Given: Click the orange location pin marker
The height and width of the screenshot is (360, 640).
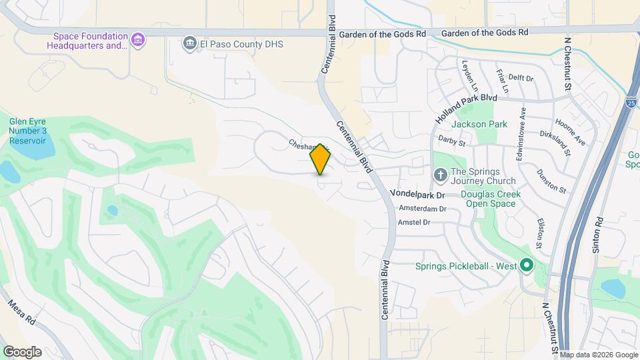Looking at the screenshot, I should (321, 159).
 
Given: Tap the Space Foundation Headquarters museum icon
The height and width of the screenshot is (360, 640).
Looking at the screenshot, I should (138, 41).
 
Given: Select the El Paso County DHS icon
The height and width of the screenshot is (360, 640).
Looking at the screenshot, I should (190, 44).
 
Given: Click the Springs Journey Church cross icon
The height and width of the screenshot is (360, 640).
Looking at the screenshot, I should (440, 175).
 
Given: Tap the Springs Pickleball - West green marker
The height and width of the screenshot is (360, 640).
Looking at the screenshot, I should (527, 267).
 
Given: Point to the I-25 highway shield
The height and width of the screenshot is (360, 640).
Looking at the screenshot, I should (631, 102).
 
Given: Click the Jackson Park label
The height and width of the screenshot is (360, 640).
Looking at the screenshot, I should (479, 124).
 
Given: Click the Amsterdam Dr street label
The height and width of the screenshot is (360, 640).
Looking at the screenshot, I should (422, 209).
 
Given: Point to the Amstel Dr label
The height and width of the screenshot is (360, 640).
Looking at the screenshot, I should (413, 222).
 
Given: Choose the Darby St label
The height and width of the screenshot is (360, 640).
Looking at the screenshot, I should (451, 140).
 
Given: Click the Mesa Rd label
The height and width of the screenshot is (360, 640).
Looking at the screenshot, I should (21, 311).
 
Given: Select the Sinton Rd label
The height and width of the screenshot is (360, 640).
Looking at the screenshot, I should (597, 235).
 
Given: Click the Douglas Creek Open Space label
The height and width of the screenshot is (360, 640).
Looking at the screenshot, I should (490, 199).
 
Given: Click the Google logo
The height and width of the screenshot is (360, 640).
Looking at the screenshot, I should (22, 351).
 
